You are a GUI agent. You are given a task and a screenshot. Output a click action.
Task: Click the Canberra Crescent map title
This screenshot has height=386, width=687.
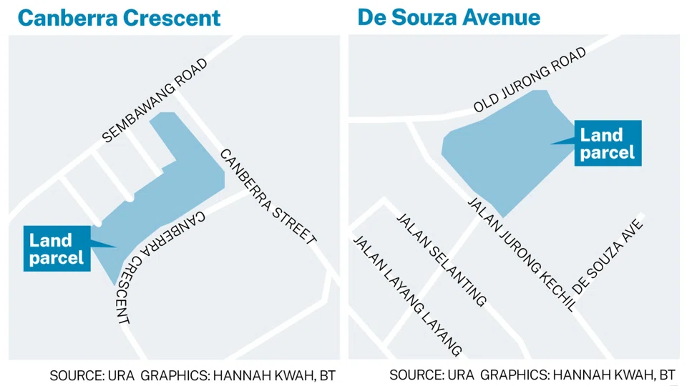pos(119,17)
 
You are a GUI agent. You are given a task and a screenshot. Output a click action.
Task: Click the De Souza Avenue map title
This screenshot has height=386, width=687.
pos(449,17)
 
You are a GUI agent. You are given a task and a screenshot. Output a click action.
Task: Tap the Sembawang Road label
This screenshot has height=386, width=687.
pos(155,100)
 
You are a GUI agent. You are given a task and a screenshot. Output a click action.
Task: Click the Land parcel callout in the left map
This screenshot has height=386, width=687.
pos(57,247)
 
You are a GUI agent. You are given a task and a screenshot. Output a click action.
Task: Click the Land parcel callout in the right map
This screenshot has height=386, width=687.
pos(607,143)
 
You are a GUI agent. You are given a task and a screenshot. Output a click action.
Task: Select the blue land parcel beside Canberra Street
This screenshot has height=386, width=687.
pos(172,186)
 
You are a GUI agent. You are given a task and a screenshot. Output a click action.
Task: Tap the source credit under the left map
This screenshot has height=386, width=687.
pos(193,375)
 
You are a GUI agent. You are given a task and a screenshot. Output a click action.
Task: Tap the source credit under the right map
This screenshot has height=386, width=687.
pos(532,375)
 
